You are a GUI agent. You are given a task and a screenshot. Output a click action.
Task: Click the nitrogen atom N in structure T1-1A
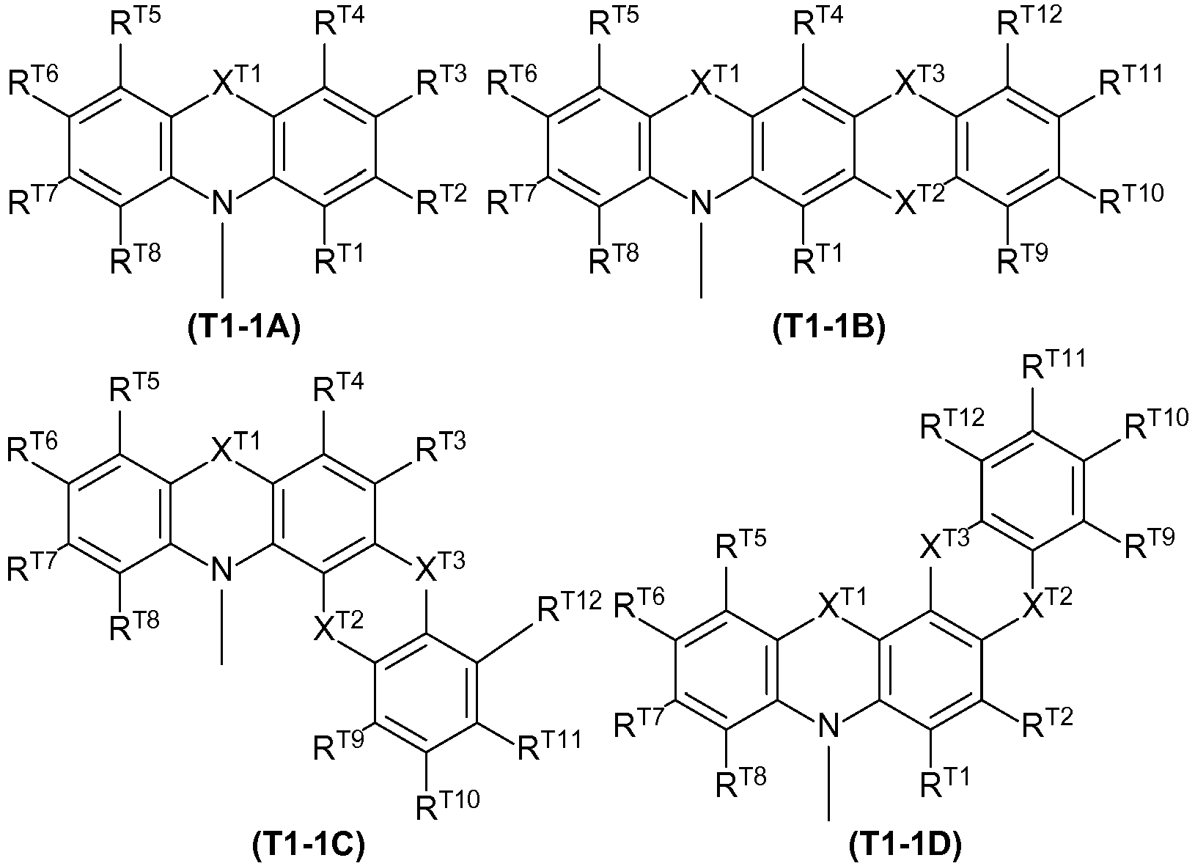222,204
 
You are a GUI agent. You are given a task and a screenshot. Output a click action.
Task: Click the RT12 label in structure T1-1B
1029,21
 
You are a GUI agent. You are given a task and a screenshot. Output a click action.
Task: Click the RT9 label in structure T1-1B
1023,258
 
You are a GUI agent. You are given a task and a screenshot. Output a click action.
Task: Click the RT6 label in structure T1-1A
33,80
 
